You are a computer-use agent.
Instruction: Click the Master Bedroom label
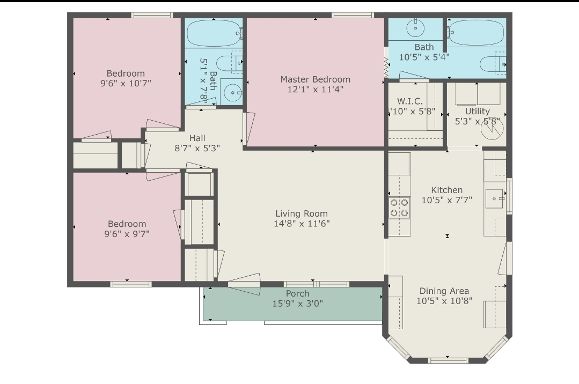315,79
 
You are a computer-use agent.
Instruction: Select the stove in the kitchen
399,208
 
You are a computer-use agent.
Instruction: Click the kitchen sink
495,198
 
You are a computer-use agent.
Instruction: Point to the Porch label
297,293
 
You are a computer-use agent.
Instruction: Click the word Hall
197,138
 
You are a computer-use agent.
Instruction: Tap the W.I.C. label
410,101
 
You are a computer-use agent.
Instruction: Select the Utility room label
477,112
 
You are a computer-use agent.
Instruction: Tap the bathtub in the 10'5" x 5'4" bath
476,33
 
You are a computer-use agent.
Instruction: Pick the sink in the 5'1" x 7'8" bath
232,93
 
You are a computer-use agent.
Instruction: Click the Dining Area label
444,291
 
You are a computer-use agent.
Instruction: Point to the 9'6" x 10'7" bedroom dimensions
126,83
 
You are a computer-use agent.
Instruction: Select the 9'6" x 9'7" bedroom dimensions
127,233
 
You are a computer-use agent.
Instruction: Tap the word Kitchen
447,190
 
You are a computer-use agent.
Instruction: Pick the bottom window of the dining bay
448,360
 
